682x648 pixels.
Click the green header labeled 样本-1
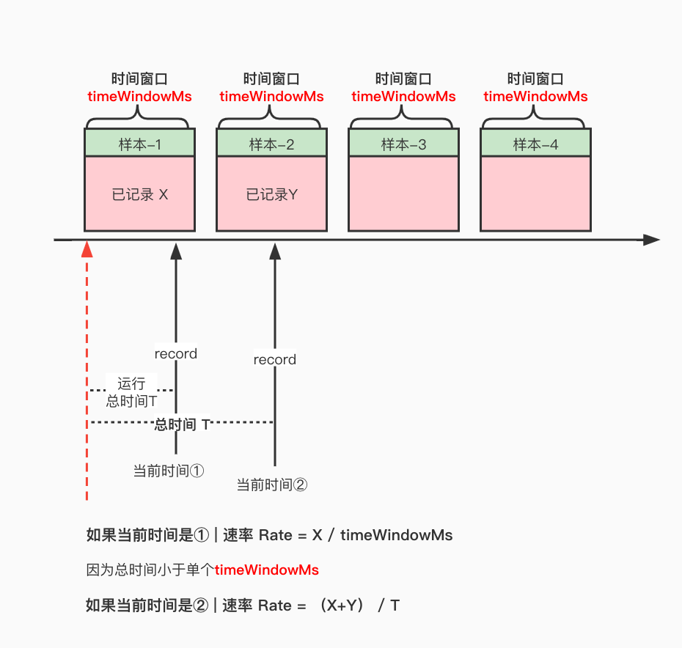(139, 144)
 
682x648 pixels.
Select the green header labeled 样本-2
(271, 144)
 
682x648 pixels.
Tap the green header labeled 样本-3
(403, 144)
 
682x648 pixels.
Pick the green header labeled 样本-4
(535, 144)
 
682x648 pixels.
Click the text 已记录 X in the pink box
(139, 195)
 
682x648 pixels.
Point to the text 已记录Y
(271, 195)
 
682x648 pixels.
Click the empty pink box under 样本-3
(403, 194)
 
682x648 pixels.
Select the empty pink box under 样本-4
(535, 194)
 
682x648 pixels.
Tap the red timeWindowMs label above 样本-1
(139, 97)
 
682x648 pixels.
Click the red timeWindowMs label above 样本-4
(535, 97)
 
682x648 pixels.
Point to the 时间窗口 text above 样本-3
(403, 79)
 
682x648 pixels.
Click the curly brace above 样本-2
(271, 116)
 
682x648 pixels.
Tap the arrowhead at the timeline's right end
(651, 240)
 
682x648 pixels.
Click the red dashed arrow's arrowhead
(87, 250)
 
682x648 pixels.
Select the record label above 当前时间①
(176, 354)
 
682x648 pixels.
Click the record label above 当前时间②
(275, 360)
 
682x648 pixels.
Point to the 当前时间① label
(168, 471)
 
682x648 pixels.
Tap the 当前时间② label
(271, 485)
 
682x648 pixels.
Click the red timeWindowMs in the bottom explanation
(267, 570)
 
